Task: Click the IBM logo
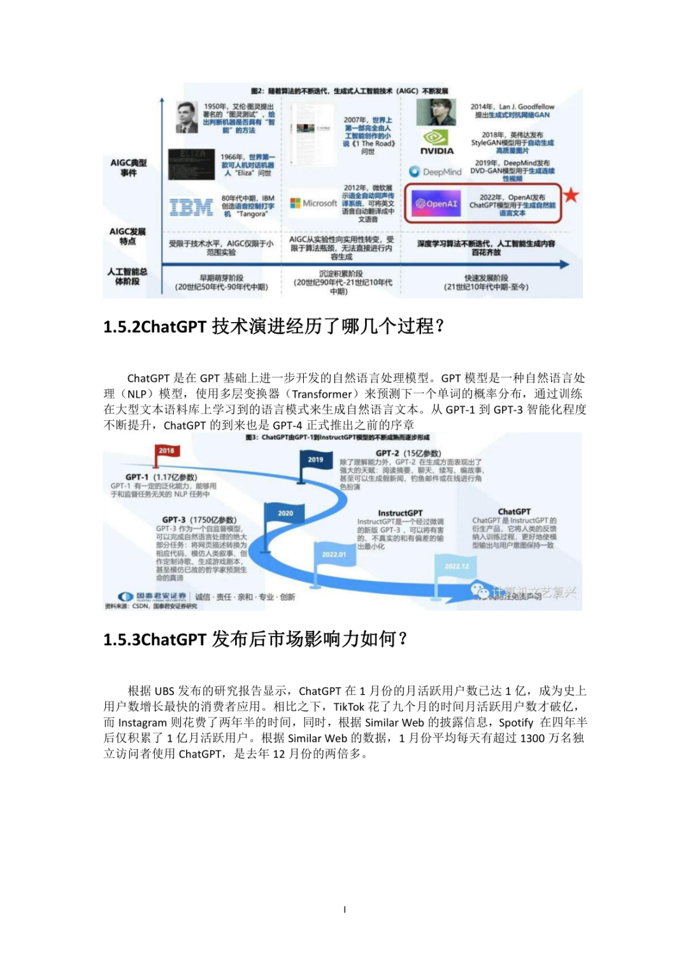coord(191,207)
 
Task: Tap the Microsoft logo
coord(313,203)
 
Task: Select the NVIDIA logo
coord(437,143)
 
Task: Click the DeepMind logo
coord(435,172)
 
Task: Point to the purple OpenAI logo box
coord(436,204)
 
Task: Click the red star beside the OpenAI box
coord(571,195)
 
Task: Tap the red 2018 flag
coord(166,451)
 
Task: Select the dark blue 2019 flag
coord(315,460)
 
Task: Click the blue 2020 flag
coord(285,513)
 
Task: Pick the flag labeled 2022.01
coord(334,554)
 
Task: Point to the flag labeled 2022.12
coord(456,566)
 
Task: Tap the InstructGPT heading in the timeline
coord(400,513)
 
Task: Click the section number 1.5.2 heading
coord(273,327)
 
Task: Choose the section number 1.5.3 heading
coord(255,639)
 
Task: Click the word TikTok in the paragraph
coord(348,707)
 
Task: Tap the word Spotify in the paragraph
coord(515,722)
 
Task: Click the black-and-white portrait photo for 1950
coord(187,117)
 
